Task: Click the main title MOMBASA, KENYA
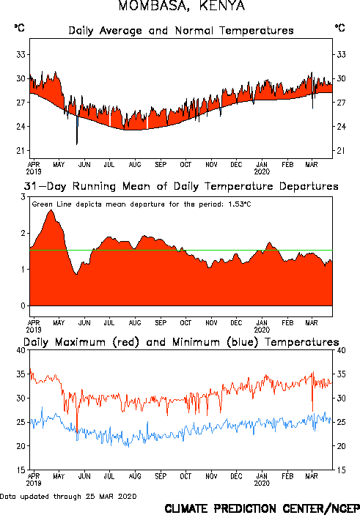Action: (x=182, y=6)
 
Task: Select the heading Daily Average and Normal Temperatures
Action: (x=181, y=31)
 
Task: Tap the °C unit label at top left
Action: (x=19, y=28)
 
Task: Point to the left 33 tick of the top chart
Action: (x=21, y=54)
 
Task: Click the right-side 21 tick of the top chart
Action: (x=341, y=150)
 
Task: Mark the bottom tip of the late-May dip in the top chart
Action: (x=77, y=144)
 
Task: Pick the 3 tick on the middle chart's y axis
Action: (x=23, y=197)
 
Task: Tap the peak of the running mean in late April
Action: (x=51, y=210)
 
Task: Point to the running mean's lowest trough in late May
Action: (x=76, y=274)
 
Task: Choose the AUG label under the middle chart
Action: (x=135, y=323)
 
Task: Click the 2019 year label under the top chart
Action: (x=34, y=171)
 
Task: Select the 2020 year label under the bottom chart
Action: (x=262, y=483)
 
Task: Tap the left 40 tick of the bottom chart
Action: (x=21, y=350)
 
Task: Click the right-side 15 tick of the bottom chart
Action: (x=341, y=470)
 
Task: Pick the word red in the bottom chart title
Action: (x=126, y=342)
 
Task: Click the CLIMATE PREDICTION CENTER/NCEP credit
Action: (x=262, y=508)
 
